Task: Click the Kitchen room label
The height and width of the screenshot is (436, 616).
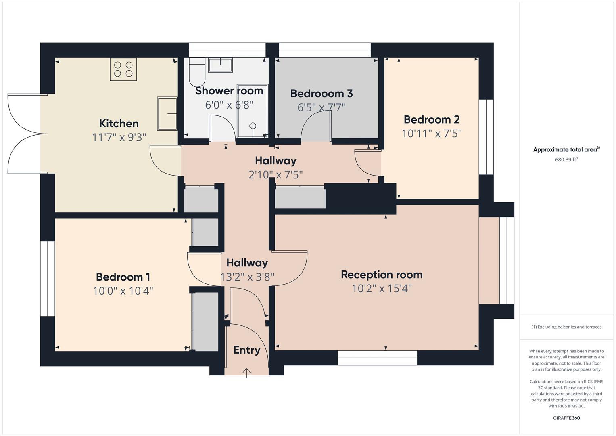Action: (x=119, y=124)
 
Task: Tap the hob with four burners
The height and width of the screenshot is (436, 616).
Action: (x=123, y=69)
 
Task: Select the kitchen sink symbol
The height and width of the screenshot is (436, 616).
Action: (x=167, y=114)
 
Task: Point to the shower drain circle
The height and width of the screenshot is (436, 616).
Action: (x=253, y=126)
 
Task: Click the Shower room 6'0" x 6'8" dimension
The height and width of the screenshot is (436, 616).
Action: (x=229, y=105)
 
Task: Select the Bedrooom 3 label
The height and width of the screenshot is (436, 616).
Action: (x=322, y=94)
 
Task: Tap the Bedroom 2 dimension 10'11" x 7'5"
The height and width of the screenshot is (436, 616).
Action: (x=432, y=134)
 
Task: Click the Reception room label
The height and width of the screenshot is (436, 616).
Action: (x=382, y=275)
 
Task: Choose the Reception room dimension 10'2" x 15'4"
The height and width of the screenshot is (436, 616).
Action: (x=382, y=289)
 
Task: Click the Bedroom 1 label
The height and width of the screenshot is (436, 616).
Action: (x=123, y=277)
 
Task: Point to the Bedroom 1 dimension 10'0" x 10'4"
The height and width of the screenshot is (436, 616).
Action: (x=123, y=291)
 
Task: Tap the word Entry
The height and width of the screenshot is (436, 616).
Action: (x=246, y=350)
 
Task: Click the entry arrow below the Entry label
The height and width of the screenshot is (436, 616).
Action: (x=246, y=372)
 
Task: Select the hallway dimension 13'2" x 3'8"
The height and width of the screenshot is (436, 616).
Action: (x=247, y=277)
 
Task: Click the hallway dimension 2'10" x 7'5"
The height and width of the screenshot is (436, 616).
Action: (x=276, y=175)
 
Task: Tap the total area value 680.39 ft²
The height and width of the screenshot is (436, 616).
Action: (x=566, y=159)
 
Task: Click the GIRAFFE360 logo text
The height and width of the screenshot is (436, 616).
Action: (x=566, y=418)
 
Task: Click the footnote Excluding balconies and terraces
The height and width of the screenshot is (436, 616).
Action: (x=566, y=327)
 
